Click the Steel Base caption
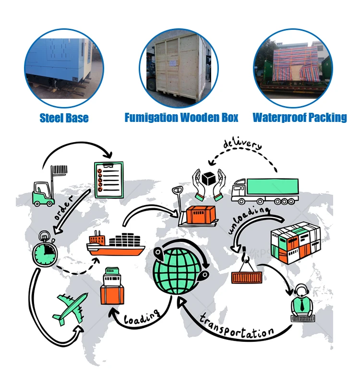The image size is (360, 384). [x=64, y=118]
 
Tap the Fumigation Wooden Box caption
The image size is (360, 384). [x=181, y=118]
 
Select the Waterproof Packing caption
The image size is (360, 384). [x=300, y=118]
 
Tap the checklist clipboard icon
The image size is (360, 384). [x=108, y=180]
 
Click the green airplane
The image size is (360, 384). [x=70, y=307]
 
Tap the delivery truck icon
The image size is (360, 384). [x=264, y=190]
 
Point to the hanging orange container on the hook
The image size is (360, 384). [x=247, y=276]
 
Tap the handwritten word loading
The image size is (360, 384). [x=142, y=316]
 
